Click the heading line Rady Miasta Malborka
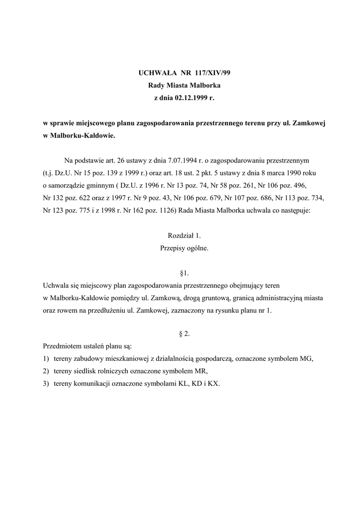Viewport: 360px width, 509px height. (184, 85)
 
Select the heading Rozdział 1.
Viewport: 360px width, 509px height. (184, 236)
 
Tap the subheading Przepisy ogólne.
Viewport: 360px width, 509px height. (184, 248)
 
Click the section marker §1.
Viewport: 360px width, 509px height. (184, 273)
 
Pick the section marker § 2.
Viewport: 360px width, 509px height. (184, 334)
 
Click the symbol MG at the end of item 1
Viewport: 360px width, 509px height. (307, 359)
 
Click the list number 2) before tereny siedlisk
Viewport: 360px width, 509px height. (46, 371)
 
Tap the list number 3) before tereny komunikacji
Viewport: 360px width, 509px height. (46, 384)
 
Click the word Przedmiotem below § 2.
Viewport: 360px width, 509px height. (62, 346)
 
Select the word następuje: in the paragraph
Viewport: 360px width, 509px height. (293, 210)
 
